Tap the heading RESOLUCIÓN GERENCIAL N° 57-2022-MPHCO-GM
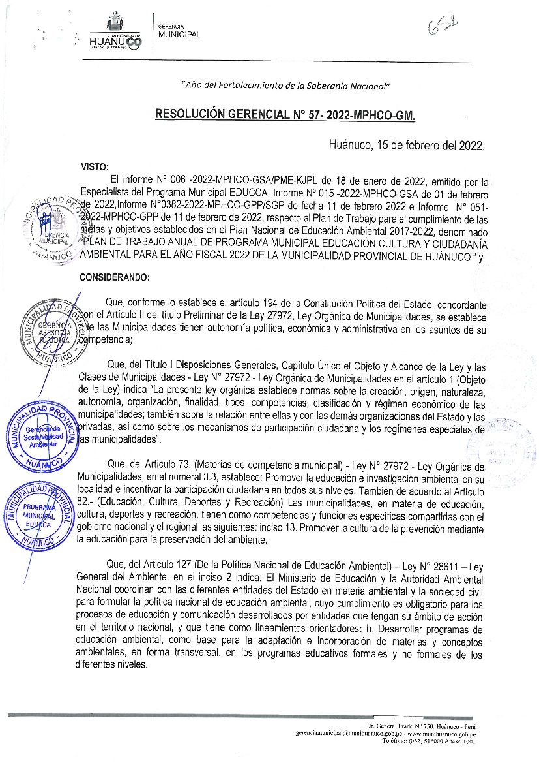coord(285,116)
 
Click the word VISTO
coord(94,166)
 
